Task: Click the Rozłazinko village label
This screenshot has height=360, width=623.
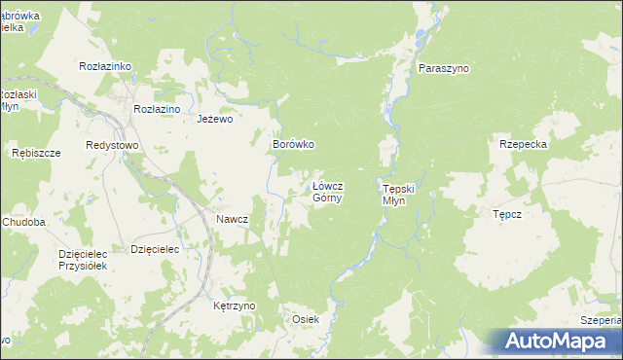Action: [x=104, y=66]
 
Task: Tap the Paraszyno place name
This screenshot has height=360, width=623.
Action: [x=443, y=69]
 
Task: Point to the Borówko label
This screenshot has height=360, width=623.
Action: [x=292, y=144]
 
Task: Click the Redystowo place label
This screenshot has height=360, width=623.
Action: [x=112, y=144]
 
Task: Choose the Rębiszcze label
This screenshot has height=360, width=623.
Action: [x=36, y=154]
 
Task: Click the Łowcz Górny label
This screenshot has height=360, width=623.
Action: [x=326, y=191]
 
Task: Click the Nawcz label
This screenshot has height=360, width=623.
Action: [x=232, y=219]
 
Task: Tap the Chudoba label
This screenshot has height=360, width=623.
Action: [x=24, y=222]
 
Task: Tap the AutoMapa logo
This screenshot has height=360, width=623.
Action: [x=552, y=341]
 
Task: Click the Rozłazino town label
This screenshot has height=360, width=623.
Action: [x=157, y=109]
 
